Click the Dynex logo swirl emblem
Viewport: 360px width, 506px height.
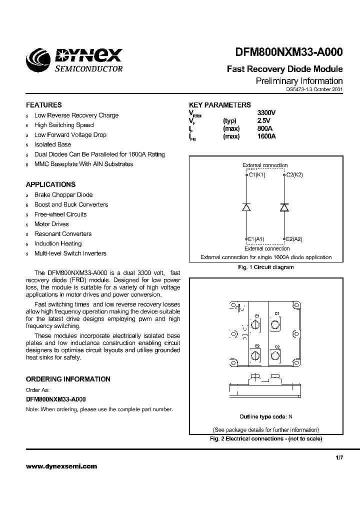(38, 62)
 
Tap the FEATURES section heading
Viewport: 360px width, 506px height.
(44, 105)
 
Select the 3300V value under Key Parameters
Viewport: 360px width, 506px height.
(266, 113)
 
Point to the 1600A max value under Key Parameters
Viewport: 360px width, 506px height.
(267, 136)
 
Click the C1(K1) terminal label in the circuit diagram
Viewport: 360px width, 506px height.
(257, 174)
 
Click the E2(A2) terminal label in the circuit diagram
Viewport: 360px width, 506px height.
(294, 239)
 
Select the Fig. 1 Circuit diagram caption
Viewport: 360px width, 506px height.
(265, 267)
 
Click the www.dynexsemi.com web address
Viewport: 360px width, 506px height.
(61, 466)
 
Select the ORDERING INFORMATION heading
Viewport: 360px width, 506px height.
(68, 379)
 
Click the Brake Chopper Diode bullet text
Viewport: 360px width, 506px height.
(63, 195)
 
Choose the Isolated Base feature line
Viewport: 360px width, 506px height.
(52, 144)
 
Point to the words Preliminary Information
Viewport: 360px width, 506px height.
(299, 81)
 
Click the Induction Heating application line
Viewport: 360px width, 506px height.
(58, 243)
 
